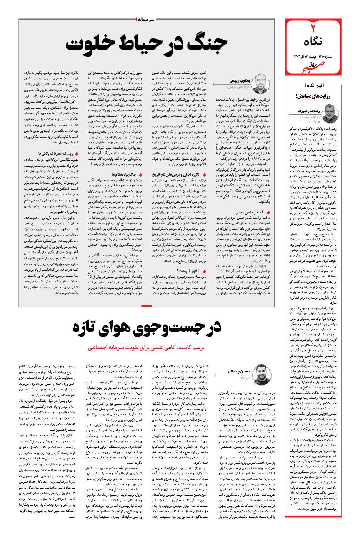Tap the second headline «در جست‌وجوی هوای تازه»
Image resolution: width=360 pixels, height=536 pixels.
pyautogui.click(x=146, y=328)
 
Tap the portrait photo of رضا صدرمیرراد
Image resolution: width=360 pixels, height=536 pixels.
pyautogui.click(x=332, y=113)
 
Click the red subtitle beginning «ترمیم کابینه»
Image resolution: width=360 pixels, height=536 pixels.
pyautogui.click(x=146, y=348)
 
